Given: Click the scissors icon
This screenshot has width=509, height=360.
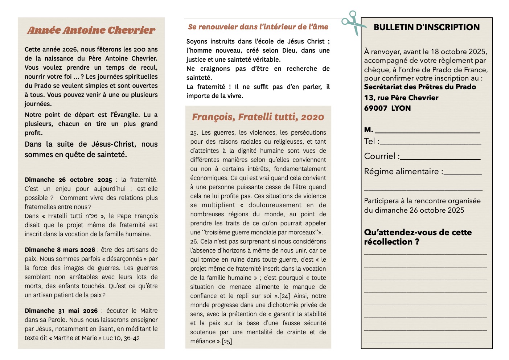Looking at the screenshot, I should click(353, 23).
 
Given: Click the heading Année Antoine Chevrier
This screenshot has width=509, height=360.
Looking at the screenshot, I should click(91, 30).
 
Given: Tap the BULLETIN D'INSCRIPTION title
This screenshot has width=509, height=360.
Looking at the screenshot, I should click(426, 27).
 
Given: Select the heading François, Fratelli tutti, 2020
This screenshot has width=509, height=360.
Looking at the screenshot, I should click(258, 117).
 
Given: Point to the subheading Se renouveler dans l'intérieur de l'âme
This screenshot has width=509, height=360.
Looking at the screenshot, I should click(258, 27).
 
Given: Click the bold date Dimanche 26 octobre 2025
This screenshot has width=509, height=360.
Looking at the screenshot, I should click(68, 180).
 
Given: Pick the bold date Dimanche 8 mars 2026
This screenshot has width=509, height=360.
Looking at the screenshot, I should click(60, 250).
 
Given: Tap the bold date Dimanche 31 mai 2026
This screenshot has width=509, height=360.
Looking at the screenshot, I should click(61, 311).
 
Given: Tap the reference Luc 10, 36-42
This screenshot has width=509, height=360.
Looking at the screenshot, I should click(121, 338).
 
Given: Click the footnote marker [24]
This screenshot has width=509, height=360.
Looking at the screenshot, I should click(285, 296).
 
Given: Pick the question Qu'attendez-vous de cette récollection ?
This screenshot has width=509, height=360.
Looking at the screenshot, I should click(418, 237).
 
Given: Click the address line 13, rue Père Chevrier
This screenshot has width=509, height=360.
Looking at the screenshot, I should click(401, 98).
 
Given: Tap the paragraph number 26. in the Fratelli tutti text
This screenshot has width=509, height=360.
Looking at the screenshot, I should click(194, 241).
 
